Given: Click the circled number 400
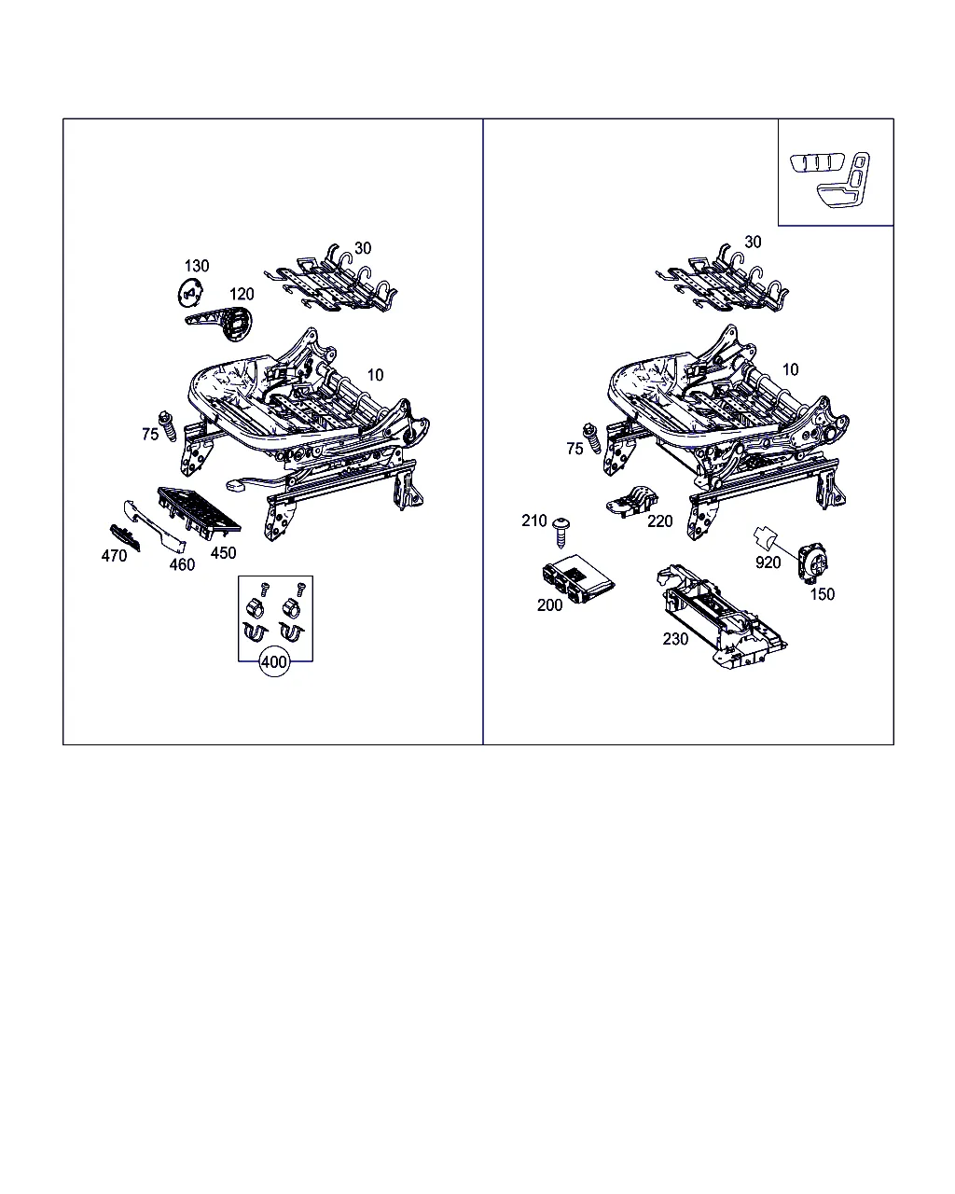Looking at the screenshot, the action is (x=274, y=662).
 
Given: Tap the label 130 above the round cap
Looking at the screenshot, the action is (x=197, y=266).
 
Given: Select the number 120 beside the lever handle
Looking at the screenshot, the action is (x=242, y=294).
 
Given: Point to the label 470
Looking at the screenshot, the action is (x=114, y=555).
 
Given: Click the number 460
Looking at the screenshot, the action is (x=182, y=565).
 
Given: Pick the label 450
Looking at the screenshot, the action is (x=223, y=552).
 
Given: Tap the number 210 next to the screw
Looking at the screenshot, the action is (x=533, y=521).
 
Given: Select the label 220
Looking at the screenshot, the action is (x=659, y=521).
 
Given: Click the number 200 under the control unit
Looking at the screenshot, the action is (x=549, y=604).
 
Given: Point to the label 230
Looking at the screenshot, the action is (x=675, y=639).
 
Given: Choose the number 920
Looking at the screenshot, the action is (x=768, y=562).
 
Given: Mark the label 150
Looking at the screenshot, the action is (x=822, y=594).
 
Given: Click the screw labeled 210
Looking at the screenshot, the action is (x=561, y=532).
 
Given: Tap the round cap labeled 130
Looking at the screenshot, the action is (x=190, y=292).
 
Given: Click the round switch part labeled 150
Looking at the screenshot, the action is (x=812, y=563).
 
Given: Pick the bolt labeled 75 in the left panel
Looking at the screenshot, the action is (x=167, y=426).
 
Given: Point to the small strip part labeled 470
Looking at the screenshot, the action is (x=125, y=537).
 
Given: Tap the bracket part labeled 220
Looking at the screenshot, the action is (x=632, y=502).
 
